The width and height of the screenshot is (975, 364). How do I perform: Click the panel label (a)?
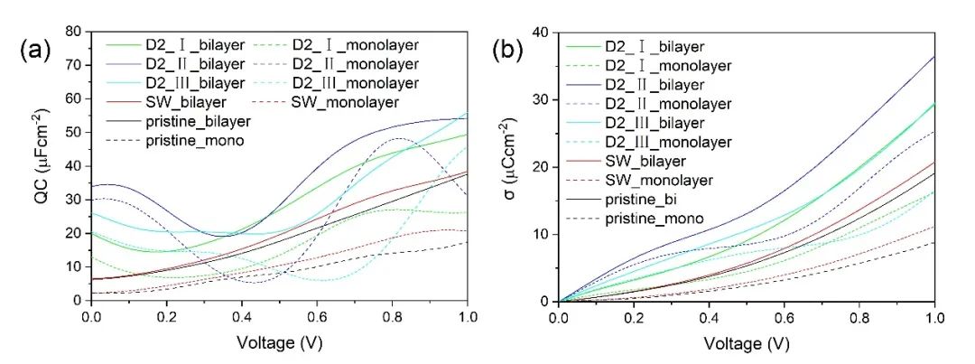coord(35,50)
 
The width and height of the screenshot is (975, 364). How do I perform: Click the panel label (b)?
coord(508,50)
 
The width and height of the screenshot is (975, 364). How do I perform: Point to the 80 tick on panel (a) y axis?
coord(76,32)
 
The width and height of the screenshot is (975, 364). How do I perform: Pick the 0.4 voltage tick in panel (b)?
coord(709,317)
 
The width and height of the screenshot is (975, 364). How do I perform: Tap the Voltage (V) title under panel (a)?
coord(279,344)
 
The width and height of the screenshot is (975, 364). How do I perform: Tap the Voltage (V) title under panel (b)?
coord(746,344)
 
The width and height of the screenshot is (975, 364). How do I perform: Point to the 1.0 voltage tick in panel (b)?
coord(934,317)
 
